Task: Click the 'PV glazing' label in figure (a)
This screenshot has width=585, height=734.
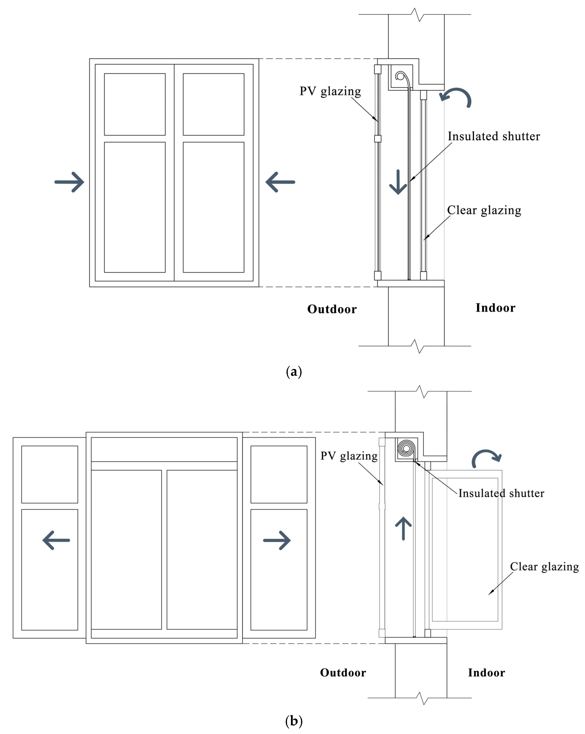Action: (330, 91)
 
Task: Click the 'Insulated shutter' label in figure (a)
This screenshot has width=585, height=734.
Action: (493, 136)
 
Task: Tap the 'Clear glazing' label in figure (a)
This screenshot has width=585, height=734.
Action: (484, 210)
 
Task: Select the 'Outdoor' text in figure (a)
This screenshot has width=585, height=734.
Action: (332, 309)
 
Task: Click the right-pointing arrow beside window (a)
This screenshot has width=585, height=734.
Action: (70, 182)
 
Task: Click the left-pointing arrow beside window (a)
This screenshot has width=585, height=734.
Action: (280, 182)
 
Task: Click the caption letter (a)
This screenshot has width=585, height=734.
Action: (294, 371)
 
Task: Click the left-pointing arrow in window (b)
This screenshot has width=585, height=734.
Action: (56, 540)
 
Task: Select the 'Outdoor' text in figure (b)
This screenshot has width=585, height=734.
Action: (343, 673)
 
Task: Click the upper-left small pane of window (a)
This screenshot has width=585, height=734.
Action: (135, 104)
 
